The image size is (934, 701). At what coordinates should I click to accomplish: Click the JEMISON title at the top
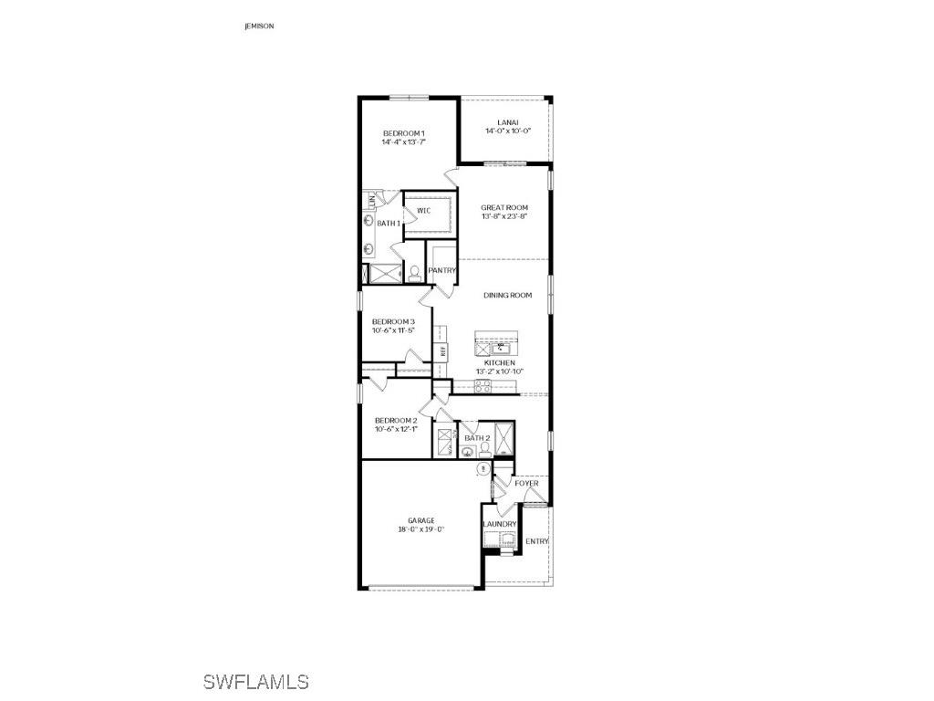[259, 26]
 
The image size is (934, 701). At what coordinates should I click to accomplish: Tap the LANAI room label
[508, 122]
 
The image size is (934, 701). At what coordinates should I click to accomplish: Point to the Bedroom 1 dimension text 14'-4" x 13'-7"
[404, 142]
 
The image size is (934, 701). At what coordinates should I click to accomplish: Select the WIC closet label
[423, 211]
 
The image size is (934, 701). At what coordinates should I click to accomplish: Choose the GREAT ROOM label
[504, 208]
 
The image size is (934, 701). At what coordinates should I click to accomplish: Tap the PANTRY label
[441, 270]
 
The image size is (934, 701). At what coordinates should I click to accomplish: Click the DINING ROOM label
[507, 295]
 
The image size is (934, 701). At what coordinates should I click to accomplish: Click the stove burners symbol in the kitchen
[483, 387]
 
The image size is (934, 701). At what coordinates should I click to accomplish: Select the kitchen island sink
[501, 348]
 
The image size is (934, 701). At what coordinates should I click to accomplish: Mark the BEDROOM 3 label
[393, 321]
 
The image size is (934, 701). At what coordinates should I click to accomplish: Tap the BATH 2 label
[477, 438]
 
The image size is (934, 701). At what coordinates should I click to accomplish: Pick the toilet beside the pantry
[414, 272]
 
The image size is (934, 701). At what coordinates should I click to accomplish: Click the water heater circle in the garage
[483, 468]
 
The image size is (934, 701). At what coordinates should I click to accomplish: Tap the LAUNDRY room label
[500, 524]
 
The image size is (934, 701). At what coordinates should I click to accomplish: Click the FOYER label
[526, 483]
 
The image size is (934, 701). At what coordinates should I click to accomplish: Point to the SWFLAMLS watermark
[255, 682]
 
